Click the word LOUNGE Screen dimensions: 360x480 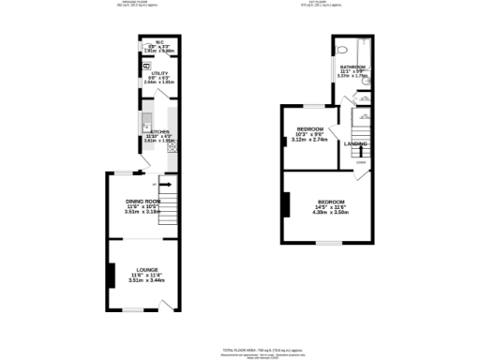(x=144, y=269)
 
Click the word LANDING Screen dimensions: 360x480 (x=355, y=143)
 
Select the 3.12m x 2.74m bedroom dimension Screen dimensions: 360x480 (x=310, y=140)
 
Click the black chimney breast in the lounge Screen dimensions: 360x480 (x=111, y=275)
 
